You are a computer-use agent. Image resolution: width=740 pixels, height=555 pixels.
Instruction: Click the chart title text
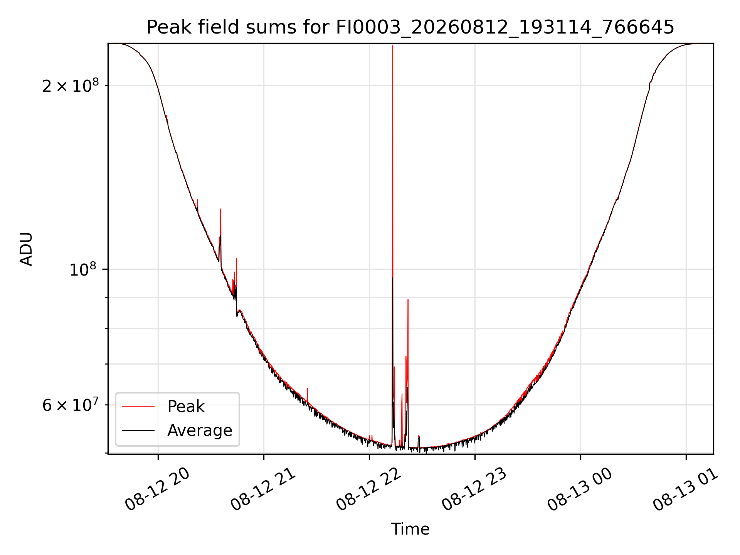[x=410, y=27]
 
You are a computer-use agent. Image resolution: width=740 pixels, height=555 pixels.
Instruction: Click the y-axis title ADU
[x=26, y=249]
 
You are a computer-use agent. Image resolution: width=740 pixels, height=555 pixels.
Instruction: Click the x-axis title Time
[x=410, y=529]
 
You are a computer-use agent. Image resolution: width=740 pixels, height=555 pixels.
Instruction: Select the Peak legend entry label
[x=186, y=406]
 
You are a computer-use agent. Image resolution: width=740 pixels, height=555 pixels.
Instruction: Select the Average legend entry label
[x=200, y=430]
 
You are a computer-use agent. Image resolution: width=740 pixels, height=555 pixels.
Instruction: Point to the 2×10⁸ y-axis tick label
[x=71, y=85]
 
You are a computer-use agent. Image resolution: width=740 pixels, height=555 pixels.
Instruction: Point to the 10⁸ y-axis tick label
[x=84, y=269]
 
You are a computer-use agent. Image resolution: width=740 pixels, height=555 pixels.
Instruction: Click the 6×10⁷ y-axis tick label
[x=71, y=405]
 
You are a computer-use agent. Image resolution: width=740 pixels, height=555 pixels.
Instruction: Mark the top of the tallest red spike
[x=392, y=46]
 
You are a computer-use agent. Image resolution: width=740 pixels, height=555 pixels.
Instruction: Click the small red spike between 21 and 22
[x=307, y=388]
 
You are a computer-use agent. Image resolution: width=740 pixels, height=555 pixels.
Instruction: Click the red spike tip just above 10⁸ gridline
[x=236, y=259]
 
